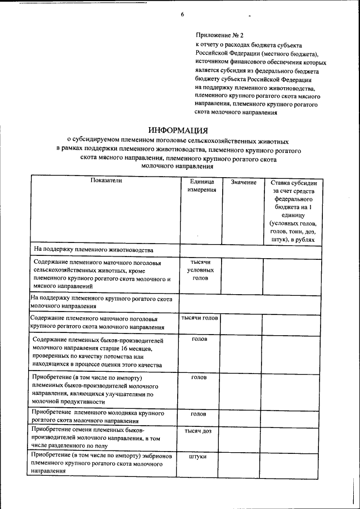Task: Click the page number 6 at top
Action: click(x=182, y=13)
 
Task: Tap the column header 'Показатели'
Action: click(x=106, y=181)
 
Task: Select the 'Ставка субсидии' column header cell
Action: click(x=293, y=211)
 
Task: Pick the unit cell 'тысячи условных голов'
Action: click(x=199, y=270)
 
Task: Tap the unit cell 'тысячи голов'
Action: click(x=199, y=318)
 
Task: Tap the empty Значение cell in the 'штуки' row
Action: click(x=240, y=464)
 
